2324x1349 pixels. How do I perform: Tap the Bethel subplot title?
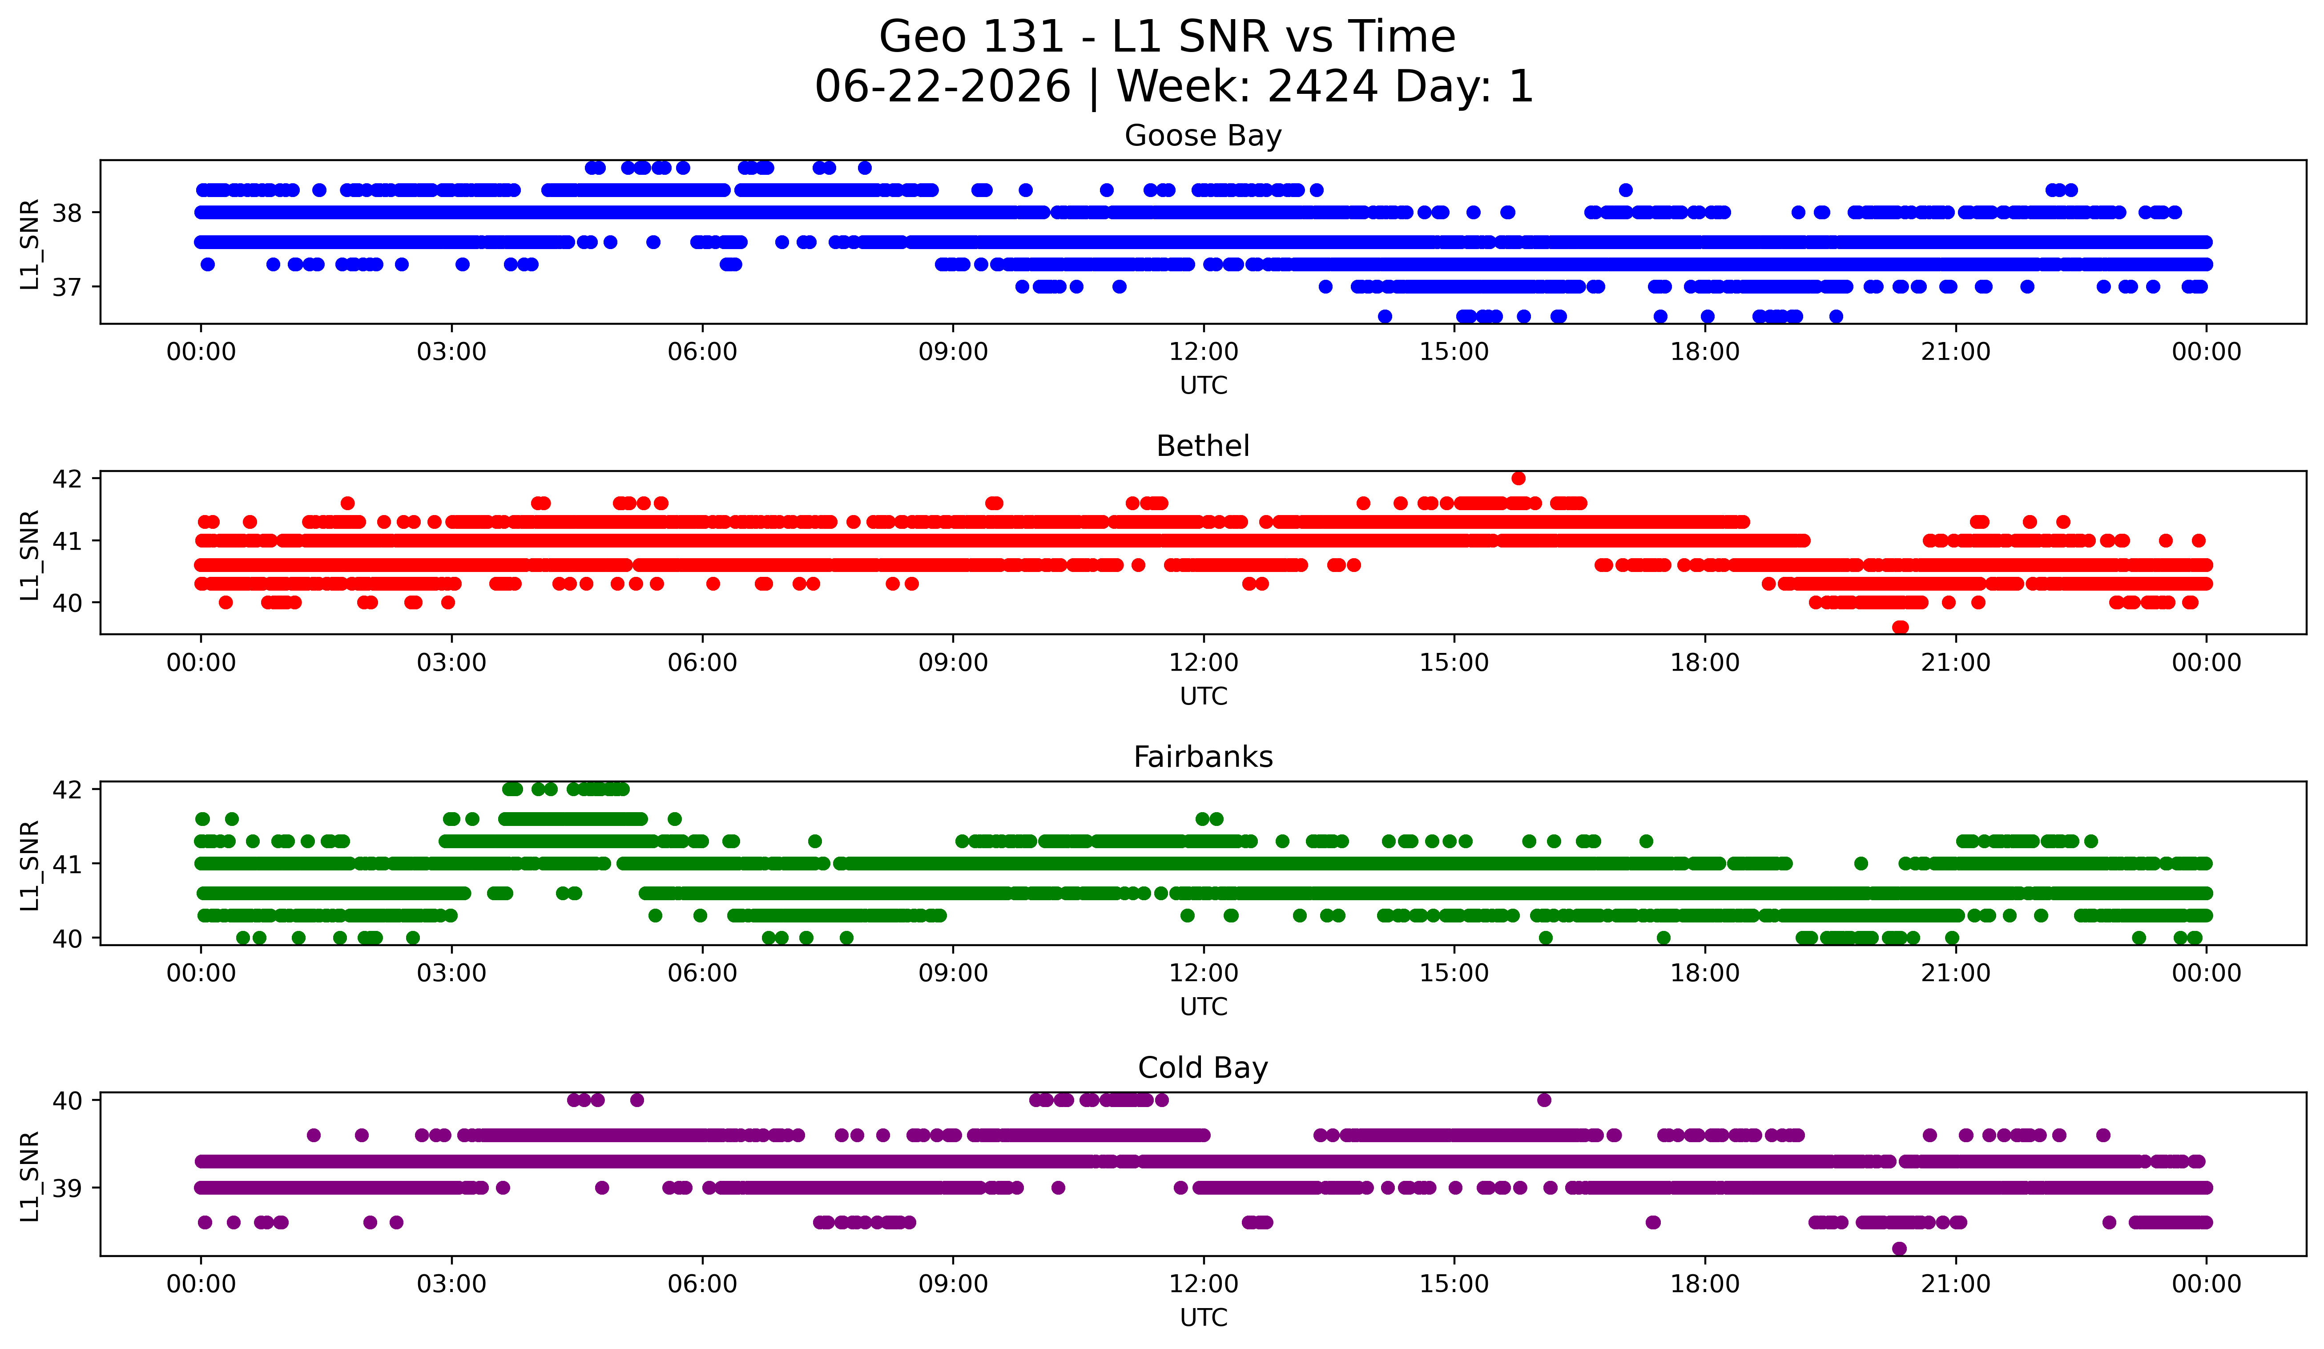pos(1203,446)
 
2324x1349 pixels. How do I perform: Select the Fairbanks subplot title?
pos(1203,757)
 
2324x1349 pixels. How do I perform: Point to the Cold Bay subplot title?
pos(1203,1068)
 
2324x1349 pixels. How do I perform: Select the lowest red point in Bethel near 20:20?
pos(1900,627)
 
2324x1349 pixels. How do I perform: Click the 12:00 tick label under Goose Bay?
pos(1204,352)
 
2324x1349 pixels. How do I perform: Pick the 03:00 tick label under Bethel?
pos(452,663)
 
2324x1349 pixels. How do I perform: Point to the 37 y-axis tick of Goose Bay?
pos(67,287)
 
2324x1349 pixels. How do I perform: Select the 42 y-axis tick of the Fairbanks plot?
pos(67,789)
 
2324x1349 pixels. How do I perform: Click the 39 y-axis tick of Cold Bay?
pos(67,1188)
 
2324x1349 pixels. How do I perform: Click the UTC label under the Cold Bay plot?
pos(1204,1318)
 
